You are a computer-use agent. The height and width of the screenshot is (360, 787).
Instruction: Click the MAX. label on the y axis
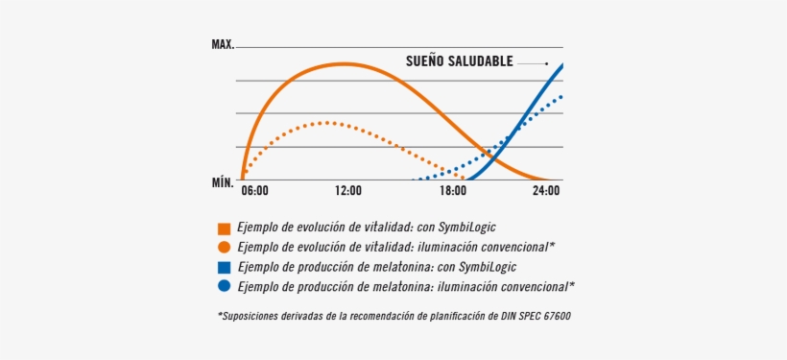(223, 45)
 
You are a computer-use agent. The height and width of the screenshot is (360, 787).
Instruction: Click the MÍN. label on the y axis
(223, 180)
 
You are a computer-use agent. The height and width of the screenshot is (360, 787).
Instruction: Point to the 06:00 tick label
(254, 191)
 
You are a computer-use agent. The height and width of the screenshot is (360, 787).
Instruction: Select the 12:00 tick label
(348, 191)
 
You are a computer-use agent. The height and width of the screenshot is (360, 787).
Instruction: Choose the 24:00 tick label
(546, 191)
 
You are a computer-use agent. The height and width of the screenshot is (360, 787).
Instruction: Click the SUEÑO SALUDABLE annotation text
(459, 62)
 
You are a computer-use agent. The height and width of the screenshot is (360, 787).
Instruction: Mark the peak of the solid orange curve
(344, 63)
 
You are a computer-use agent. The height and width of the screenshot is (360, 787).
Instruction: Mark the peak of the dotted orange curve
(327, 122)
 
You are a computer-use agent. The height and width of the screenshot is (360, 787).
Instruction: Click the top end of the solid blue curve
(562, 64)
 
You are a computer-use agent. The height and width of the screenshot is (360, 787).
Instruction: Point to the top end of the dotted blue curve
(562, 95)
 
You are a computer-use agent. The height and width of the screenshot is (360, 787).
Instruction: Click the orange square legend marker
(224, 228)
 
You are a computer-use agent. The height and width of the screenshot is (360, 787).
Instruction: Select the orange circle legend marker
(224, 247)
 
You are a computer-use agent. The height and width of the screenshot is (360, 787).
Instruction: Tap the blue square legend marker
(224, 267)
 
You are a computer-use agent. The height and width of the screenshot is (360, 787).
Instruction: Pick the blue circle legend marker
(224, 286)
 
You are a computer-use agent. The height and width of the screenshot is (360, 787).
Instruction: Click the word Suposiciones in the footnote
(252, 316)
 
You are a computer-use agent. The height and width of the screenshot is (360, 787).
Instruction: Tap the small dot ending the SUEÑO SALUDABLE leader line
(546, 63)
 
